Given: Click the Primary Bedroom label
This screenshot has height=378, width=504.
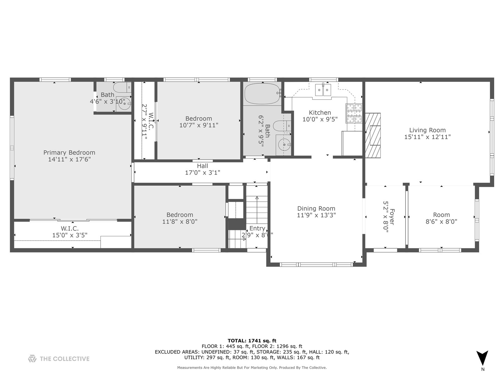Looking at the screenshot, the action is (69, 153).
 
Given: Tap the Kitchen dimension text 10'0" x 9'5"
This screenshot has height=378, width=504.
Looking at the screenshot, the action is (320, 119).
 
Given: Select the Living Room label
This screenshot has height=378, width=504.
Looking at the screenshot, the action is (427, 130).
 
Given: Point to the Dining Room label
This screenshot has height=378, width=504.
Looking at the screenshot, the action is (316, 208).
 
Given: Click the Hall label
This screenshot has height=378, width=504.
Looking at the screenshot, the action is (203, 166).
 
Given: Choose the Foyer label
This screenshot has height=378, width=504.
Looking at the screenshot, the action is (392, 217).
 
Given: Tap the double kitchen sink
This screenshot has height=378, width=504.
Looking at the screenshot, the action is (323, 90).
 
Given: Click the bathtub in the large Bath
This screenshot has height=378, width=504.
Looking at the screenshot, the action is (262, 94).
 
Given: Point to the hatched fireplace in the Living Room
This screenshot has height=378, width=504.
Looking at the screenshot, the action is (373, 135).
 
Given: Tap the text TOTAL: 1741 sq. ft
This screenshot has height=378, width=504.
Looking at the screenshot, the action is (252, 341).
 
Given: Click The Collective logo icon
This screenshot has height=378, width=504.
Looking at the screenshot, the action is (32, 358).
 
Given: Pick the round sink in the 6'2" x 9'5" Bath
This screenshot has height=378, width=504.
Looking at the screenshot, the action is (284, 145).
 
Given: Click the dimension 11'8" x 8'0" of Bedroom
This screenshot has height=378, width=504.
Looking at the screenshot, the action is (180, 222).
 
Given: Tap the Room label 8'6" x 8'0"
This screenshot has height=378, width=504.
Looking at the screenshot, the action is (442, 218).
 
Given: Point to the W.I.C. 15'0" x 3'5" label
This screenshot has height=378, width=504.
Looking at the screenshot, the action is (70, 232).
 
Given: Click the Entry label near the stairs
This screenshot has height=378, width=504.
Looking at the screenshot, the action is (257, 228).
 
